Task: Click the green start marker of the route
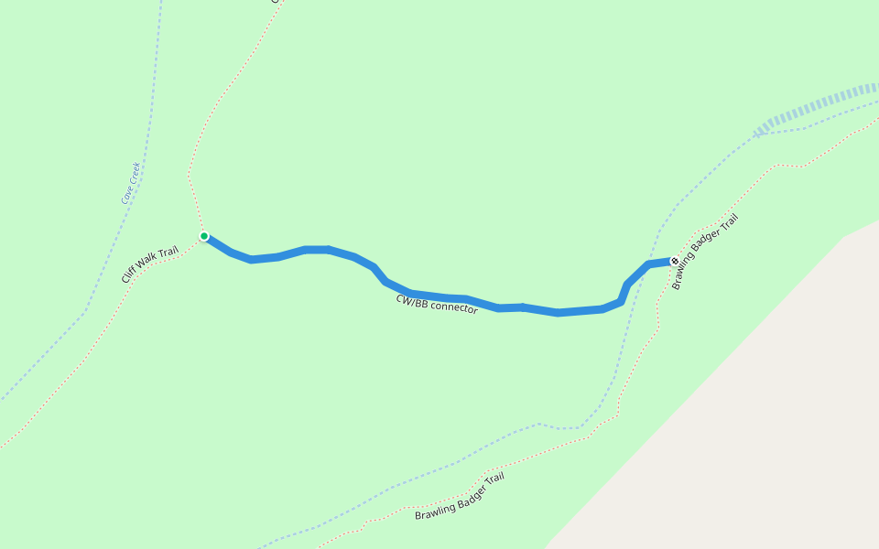(204, 236)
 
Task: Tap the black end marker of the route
(675, 262)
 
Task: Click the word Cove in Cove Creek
(126, 193)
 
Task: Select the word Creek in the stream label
(135, 172)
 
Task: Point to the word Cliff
(129, 274)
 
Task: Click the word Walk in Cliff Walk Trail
(147, 261)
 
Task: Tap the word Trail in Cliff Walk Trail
(168, 251)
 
